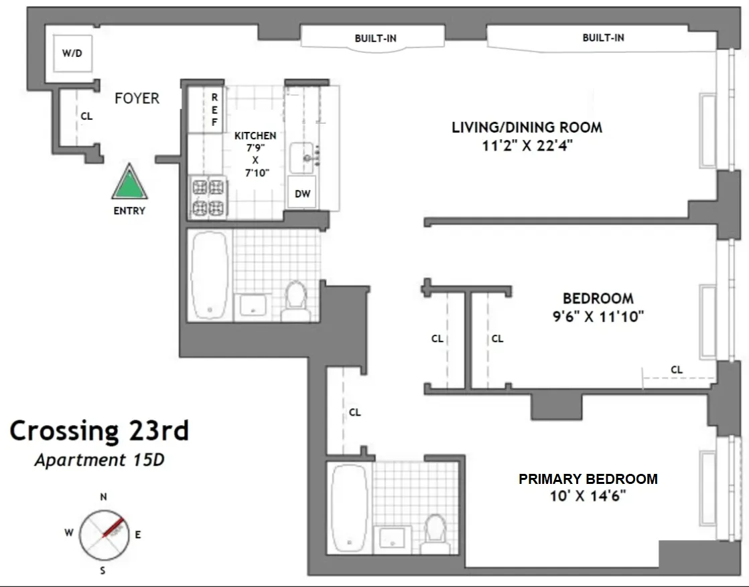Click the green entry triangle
point(129,183)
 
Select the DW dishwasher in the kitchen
point(303,193)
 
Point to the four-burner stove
point(208,197)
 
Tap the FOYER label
point(137,98)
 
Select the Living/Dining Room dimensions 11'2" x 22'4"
point(527,146)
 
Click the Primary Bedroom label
point(588,479)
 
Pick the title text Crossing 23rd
point(99,431)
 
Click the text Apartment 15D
point(99,460)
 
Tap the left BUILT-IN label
point(375,38)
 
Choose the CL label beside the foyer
point(86,116)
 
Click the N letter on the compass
point(103,497)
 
